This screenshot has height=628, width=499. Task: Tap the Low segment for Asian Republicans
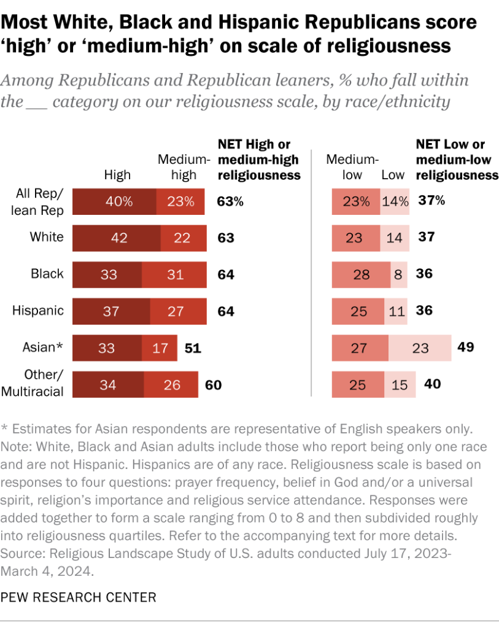tap(420, 348)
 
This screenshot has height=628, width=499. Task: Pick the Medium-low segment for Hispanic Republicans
tap(358, 311)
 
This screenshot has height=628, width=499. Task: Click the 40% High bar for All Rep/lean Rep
tap(114, 201)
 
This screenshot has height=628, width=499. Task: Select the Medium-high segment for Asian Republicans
tap(160, 348)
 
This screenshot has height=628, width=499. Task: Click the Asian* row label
tap(42, 347)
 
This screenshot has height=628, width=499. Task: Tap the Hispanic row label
tap(38, 310)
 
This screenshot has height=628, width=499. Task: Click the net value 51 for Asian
tap(193, 348)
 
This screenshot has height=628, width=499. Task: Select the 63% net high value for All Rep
tap(231, 201)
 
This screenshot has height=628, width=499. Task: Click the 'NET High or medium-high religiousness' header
tap(259, 160)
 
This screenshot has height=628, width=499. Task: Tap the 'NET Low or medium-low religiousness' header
tap(457, 160)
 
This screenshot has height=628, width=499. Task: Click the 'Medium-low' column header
tap(352, 167)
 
